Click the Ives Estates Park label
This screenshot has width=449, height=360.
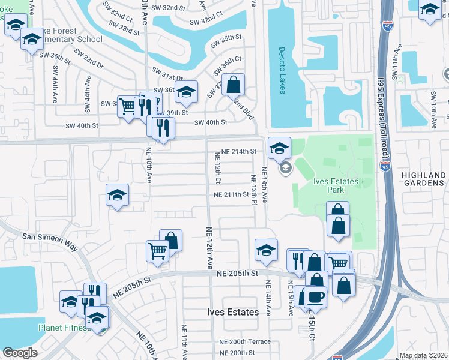336,185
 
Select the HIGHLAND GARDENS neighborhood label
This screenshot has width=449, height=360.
424,179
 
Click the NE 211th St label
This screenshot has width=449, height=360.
232,194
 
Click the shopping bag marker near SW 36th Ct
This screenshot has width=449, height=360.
233,83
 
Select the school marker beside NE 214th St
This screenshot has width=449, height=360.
279,147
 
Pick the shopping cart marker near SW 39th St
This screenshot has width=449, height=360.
128,106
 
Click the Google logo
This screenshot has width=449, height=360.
20,353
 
